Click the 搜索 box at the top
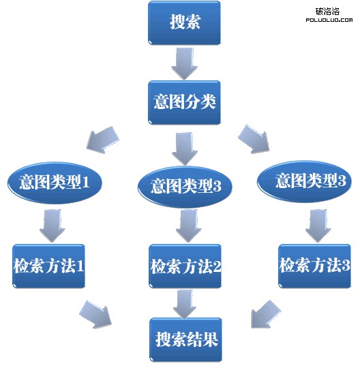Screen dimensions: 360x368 (184, 22)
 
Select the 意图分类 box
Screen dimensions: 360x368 (184, 102)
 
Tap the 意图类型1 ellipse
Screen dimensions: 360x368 (55, 183)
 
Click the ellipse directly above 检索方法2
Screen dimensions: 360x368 (185, 187)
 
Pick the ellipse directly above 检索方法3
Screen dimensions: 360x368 (304, 181)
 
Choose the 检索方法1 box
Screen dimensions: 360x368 (48, 266)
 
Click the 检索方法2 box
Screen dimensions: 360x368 (185, 266)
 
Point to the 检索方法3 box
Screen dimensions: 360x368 (315, 266)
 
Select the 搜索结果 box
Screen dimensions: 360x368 (186, 339)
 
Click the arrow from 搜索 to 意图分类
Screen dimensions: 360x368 (184, 63)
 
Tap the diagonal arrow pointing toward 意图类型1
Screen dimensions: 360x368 (102, 140)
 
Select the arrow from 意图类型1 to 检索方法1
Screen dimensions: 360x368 (52, 226)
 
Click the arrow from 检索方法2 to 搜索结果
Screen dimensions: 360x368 (185, 304)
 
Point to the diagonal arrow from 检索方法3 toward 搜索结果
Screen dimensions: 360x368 (266, 314)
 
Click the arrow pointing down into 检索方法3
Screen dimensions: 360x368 (318, 226)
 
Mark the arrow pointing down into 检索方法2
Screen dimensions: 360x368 (189, 226)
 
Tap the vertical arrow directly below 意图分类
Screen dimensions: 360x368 (185, 149)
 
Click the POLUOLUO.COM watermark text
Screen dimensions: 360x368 (329, 20)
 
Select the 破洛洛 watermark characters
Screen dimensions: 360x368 (327, 12)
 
